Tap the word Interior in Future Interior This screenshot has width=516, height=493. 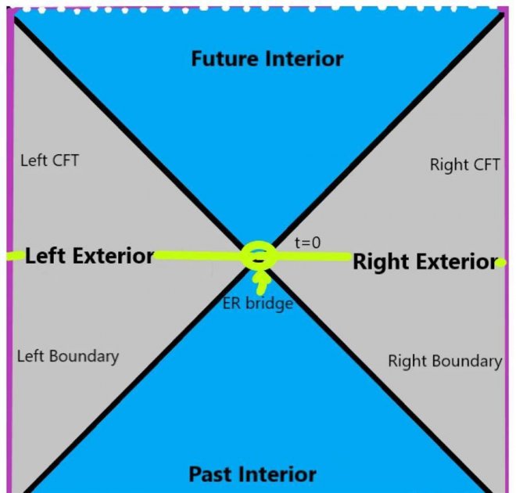[x=306, y=59]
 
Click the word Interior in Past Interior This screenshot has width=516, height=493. [x=278, y=473]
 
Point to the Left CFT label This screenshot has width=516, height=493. [x=49, y=161]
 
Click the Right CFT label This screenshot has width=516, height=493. [x=466, y=165]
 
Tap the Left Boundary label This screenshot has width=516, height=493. [x=68, y=356]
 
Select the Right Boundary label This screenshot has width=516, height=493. [x=445, y=361]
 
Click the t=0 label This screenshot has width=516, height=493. [x=307, y=243]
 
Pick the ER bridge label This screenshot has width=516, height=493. [x=258, y=303]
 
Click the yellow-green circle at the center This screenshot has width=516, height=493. [x=257, y=255]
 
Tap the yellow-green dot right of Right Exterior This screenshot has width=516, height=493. [x=501, y=262]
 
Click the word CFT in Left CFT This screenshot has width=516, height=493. [x=63, y=161]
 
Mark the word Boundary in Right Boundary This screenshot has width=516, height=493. [x=466, y=361]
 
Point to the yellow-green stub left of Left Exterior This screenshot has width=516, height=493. [x=13, y=256]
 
